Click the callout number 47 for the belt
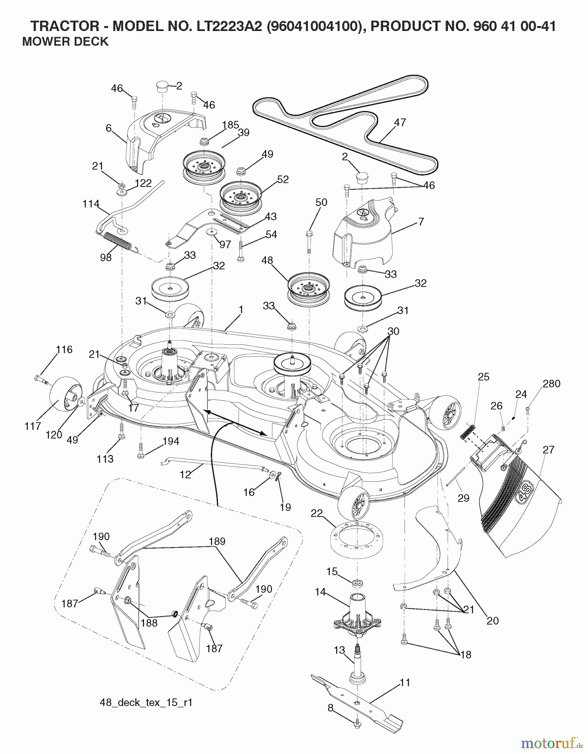[400, 122]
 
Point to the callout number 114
[91, 204]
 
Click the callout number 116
[64, 349]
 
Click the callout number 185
[230, 125]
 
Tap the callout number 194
[171, 441]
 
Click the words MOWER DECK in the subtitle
[65, 41]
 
